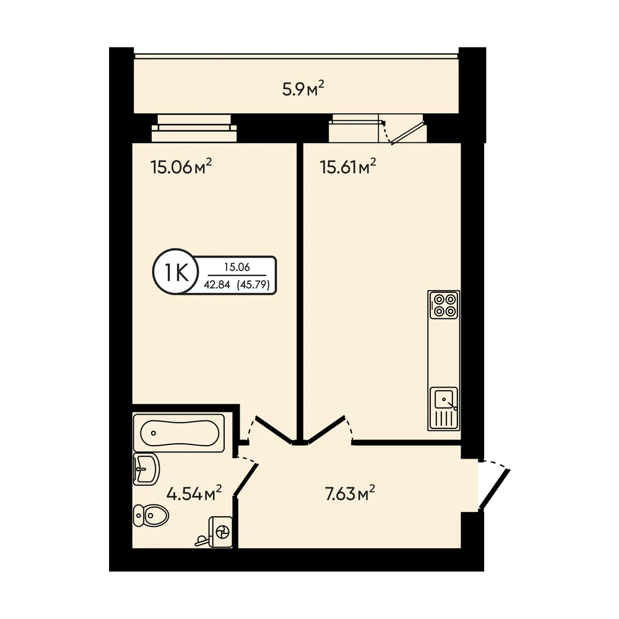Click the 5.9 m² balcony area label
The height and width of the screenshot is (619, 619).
pos(303,89)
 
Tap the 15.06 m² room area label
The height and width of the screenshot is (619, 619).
pos(181,166)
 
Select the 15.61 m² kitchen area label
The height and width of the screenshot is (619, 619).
pos(348,166)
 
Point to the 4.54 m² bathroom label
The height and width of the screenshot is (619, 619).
pos(194,493)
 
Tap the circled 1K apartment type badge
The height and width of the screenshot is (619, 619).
pos(176,272)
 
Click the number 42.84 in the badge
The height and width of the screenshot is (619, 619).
pos(217,284)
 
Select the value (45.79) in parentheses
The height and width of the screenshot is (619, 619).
pos(253,284)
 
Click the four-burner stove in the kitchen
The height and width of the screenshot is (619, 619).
pos(444,305)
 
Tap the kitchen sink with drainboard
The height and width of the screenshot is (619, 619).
pos(444,408)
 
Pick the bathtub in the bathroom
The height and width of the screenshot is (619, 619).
pos(179,432)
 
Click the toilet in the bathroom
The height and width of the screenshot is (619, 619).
pos(150,515)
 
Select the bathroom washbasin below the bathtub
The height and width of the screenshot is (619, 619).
pos(146,469)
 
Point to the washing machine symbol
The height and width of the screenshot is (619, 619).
pos(220,532)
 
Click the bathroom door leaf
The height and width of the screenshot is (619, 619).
pos(246,479)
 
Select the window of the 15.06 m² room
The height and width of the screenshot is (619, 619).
pos(194,128)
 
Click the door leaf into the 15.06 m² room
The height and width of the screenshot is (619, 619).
pos(274,430)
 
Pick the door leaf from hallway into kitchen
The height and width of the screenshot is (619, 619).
pos(327,430)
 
